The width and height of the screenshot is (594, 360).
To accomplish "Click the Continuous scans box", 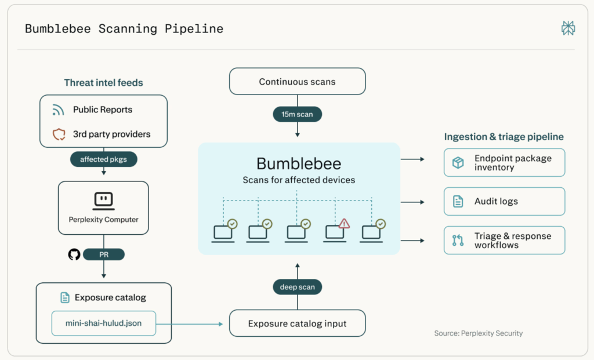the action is click(298, 81).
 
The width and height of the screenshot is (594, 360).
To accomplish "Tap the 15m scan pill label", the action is click(298, 114).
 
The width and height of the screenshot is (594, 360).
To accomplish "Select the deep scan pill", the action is click(298, 287).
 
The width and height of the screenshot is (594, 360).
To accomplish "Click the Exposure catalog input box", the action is click(298, 323).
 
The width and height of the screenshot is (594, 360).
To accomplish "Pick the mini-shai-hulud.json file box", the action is click(103, 323).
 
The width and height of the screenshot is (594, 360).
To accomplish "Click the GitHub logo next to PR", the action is click(74, 254).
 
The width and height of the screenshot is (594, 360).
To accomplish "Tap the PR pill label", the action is click(104, 254).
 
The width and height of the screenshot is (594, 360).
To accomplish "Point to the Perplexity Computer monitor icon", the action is click(103, 201).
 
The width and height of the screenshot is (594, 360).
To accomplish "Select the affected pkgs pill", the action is click(103, 159).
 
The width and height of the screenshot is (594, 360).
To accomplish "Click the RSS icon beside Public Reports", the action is click(58, 110).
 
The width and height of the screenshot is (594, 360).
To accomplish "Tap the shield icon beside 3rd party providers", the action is click(59, 134).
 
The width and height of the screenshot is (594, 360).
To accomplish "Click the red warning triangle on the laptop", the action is click(344, 223).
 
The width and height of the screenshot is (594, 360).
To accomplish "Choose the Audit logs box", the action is click(504, 201).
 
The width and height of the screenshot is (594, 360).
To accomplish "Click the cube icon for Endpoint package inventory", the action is click(458, 163).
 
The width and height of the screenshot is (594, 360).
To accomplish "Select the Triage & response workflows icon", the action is click(458, 241).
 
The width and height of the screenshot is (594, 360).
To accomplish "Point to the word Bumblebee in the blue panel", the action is click(299, 163).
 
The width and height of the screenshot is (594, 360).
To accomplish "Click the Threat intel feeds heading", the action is click(103, 82).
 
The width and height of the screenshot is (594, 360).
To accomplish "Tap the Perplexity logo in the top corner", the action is click(568, 28).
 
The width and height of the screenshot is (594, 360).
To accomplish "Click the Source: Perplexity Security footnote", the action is click(479, 333).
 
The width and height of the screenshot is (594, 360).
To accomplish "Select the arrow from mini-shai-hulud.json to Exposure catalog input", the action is click(190, 324).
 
